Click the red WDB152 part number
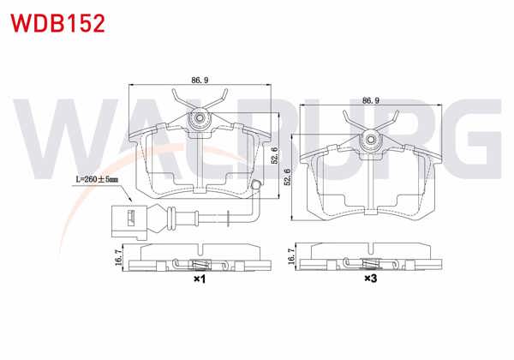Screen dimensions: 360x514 coord(57,22)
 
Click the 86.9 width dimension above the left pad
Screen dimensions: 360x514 coord(200,80)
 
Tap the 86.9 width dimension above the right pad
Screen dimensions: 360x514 coord(371,100)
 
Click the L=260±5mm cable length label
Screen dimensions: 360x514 coord(95,181)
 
